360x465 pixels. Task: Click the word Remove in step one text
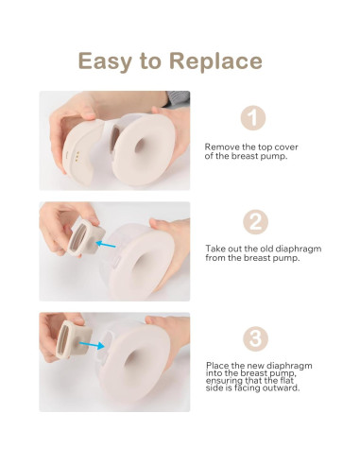222,147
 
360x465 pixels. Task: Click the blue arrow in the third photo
91,346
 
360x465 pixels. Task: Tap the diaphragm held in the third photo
68,337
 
